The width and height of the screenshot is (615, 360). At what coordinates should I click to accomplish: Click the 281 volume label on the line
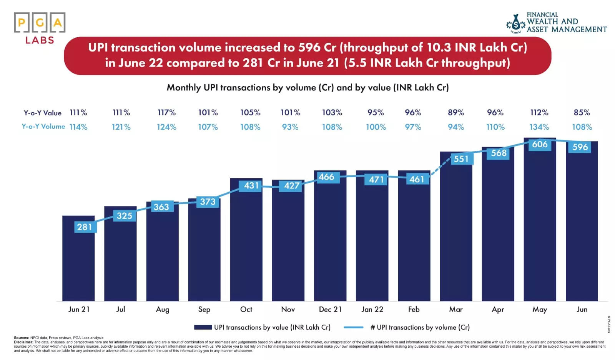[85, 227]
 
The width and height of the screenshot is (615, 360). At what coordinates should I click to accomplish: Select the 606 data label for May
[540, 144]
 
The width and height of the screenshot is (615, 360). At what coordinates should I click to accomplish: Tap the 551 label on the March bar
[461, 159]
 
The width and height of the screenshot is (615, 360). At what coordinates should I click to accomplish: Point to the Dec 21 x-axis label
[330, 309]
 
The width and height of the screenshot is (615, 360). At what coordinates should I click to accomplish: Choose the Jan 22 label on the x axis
[372, 309]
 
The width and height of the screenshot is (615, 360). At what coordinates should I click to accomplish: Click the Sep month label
[204, 309]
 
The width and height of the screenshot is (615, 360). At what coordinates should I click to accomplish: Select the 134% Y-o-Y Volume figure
[539, 127]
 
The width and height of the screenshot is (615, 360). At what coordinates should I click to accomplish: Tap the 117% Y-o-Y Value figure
[166, 113]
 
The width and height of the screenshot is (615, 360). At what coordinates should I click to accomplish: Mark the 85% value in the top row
[582, 113]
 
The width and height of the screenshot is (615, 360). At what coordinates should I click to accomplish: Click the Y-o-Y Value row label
[42, 113]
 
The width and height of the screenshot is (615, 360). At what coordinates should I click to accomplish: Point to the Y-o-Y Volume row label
[43, 127]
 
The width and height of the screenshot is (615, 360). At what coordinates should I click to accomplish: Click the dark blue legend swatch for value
[203, 327]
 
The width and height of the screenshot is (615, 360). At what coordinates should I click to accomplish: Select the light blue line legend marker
[353, 327]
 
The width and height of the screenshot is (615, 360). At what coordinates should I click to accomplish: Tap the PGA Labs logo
[40, 28]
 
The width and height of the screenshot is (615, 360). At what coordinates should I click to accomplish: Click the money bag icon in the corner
[516, 24]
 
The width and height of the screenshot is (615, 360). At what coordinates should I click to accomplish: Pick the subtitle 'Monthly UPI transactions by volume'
[307, 88]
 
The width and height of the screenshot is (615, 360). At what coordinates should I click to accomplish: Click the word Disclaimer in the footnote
[23, 342]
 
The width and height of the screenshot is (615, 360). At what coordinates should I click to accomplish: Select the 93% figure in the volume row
[290, 127]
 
